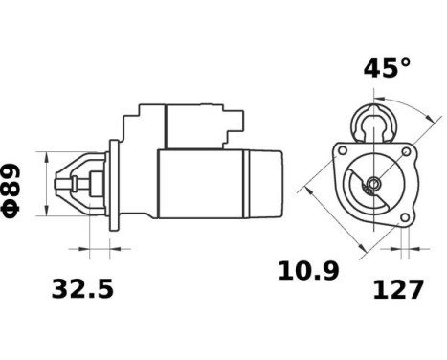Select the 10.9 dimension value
(308, 271)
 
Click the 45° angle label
(387, 68)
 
